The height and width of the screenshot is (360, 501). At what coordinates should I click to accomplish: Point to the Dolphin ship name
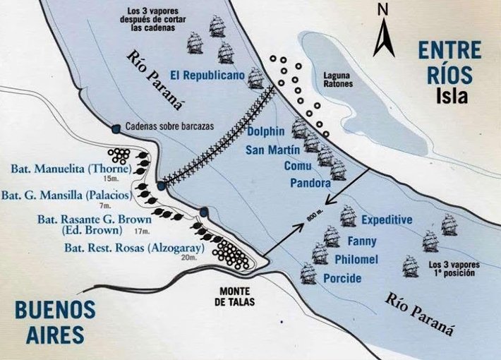(x=265, y=131)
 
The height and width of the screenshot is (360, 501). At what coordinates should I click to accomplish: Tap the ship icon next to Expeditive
(x=348, y=215)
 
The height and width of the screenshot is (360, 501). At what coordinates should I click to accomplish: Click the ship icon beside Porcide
(x=308, y=273)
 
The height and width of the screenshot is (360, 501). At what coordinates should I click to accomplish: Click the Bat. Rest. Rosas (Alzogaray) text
(x=124, y=248)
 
